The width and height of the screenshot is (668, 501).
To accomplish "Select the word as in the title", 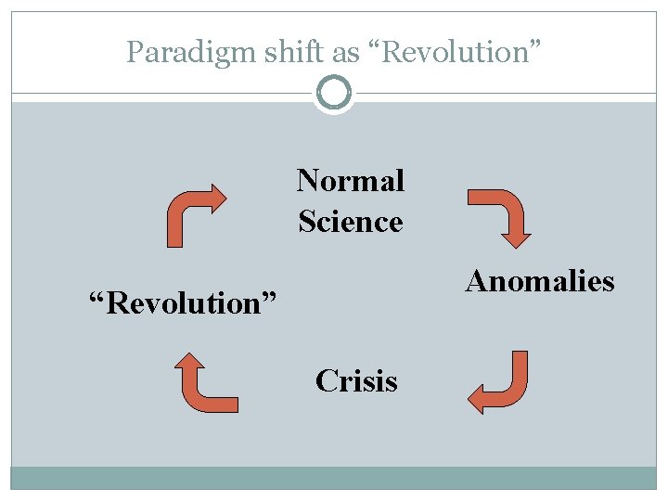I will (x=345, y=53).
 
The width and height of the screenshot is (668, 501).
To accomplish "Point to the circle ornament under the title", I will (x=334, y=94).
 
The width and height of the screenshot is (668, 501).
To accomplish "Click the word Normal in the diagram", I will (x=351, y=180).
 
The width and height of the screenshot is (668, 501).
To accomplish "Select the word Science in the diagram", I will (x=351, y=222).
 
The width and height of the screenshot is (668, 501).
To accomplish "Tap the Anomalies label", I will (x=540, y=281).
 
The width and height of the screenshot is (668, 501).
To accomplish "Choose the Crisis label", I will (x=356, y=381).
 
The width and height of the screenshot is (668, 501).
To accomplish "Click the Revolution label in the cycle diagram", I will (x=183, y=302).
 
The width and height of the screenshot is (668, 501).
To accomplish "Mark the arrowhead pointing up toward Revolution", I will (x=191, y=363).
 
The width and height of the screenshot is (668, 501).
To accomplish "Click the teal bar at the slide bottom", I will (x=334, y=477).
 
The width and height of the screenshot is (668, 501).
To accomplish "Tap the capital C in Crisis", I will (x=325, y=381).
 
